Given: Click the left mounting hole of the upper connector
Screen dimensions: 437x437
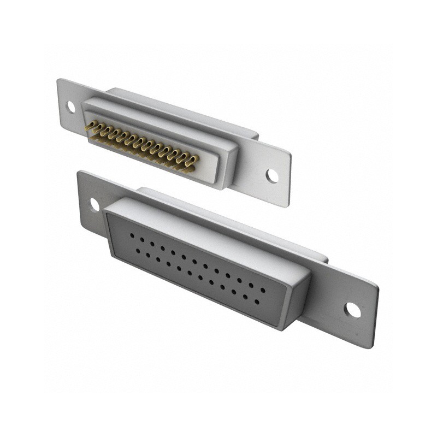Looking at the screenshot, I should pos(70,106).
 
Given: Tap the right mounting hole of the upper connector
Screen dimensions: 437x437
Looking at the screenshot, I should pos(271,175).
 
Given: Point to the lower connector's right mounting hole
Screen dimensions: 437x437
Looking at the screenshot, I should pos(352,310).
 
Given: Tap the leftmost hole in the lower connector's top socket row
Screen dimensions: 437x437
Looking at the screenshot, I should pos(132,235).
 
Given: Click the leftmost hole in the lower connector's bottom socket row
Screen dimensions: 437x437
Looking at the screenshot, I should pos(138,251).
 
